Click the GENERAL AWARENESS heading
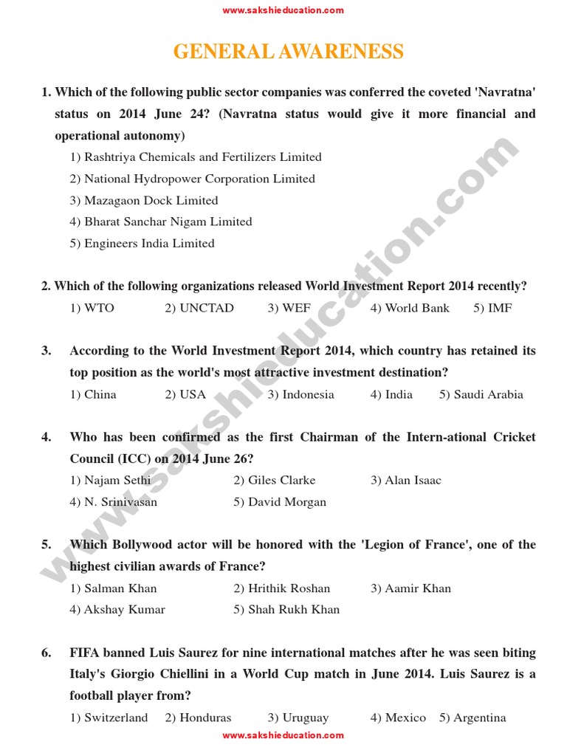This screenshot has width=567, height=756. (288, 52)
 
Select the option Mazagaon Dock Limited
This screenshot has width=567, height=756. (144, 200)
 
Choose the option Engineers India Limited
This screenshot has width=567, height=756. (142, 243)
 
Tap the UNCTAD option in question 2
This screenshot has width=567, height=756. (199, 308)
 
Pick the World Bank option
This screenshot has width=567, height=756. (410, 308)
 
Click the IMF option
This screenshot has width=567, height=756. (492, 308)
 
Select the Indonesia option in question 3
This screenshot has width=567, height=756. (300, 394)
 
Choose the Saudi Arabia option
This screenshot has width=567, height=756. (481, 394)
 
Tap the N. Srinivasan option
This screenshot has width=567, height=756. (114, 502)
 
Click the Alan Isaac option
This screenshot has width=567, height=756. (406, 480)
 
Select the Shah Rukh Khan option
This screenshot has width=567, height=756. (286, 610)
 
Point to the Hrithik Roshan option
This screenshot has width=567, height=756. (282, 588)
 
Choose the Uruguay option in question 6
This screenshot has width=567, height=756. (298, 718)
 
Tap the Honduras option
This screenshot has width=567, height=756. (198, 718)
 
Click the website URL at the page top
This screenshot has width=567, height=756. (283, 10)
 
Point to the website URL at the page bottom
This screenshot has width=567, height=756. (283, 735)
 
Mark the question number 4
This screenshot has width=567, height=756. (47, 437)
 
